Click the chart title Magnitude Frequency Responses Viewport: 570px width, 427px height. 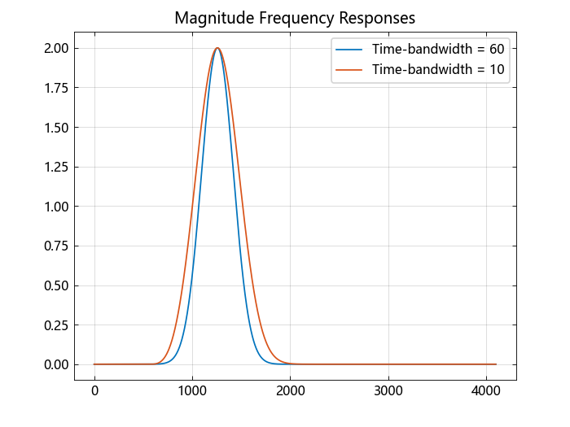295,18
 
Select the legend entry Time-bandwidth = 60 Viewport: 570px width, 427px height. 438,50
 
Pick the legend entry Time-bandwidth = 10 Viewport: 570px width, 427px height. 438,70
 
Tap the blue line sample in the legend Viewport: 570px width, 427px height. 350,50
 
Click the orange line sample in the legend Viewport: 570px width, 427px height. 350,70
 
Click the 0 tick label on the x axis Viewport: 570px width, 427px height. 94,391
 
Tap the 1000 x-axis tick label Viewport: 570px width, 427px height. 192,391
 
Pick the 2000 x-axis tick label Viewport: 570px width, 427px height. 291,391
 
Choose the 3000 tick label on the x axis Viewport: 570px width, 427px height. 388,391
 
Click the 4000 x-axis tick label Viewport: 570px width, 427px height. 486,391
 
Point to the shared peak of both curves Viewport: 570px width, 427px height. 217,48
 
